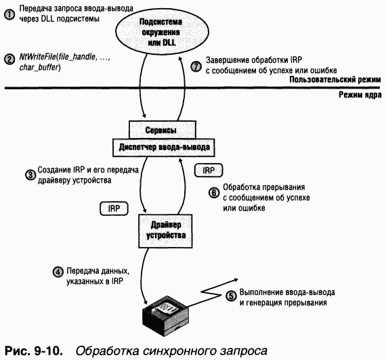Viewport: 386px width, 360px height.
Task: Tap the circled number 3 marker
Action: click(x=30, y=175)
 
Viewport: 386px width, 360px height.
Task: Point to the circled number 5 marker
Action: click(x=232, y=295)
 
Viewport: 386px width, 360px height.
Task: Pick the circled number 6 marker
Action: click(x=214, y=192)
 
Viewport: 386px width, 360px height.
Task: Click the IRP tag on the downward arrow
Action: click(x=113, y=208)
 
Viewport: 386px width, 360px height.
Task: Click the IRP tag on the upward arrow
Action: click(x=207, y=168)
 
